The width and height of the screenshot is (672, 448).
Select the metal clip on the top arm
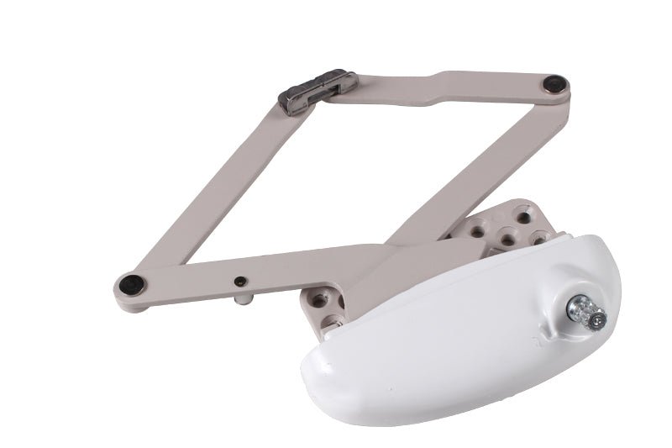pyautogui.click(x=318, y=91)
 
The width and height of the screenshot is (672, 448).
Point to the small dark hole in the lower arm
pyautogui.click(x=240, y=280)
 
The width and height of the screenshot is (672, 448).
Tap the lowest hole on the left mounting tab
pyautogui.click(x=333, y=320)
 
